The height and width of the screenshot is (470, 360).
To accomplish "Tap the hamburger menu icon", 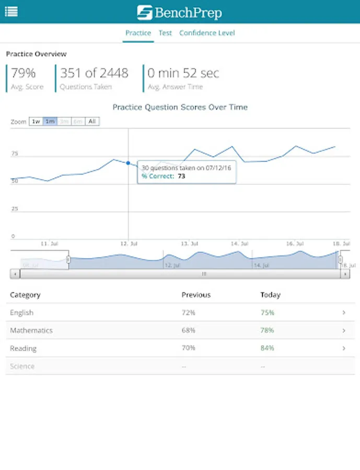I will point(11,11).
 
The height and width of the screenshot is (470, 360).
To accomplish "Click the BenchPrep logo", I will point(179,12).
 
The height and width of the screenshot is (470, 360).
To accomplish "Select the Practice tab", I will point(138,33).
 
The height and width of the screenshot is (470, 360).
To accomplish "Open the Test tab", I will point(165,33).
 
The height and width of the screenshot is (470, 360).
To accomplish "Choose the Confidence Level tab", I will point(207,33).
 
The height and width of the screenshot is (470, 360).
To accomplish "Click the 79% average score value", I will point(23,73).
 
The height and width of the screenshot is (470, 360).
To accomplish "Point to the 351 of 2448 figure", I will point(94,73).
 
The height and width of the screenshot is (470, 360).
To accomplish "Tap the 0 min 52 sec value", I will point(183,73).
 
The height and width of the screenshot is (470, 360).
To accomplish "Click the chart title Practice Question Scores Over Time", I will point(180,107).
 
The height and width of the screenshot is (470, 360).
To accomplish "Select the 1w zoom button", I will point(36,121).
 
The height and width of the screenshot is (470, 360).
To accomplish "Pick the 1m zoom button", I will point(50,121).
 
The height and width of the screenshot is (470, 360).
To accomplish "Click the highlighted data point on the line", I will point(128,163).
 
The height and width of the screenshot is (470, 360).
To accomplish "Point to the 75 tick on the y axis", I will point(15,154).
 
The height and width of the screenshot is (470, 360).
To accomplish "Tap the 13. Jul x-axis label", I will point(189,243).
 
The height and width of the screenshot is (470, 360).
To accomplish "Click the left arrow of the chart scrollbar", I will point(15,274).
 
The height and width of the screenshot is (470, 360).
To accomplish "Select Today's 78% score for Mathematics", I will point(267,331).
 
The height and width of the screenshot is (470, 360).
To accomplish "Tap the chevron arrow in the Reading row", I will point(344,348).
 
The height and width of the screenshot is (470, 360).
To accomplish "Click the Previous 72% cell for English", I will point(188,313).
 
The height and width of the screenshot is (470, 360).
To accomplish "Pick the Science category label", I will point(22,366).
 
